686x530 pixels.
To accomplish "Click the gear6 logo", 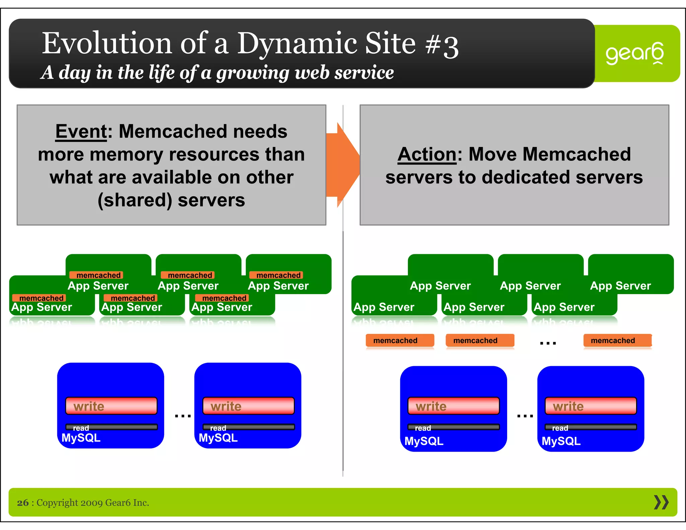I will [x=634, y=53].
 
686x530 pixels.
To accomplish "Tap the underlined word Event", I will [x=81, y=131].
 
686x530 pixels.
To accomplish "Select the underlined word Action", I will [x=427, y=154].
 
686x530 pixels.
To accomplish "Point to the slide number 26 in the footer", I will [x=23, y=503].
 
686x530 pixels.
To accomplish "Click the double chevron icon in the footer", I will [x=661, y=503].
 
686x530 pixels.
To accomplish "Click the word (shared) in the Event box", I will [x=135, y=200].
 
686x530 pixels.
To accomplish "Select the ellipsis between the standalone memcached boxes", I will [x=548, y=343].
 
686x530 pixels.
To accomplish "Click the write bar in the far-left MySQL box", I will [x=111, y=406].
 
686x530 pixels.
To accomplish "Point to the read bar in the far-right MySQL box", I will [x=591, y=427].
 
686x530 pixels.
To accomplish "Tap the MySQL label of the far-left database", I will [x=81, y=438].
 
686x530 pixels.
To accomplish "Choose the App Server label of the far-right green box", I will [x=620, y=286].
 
